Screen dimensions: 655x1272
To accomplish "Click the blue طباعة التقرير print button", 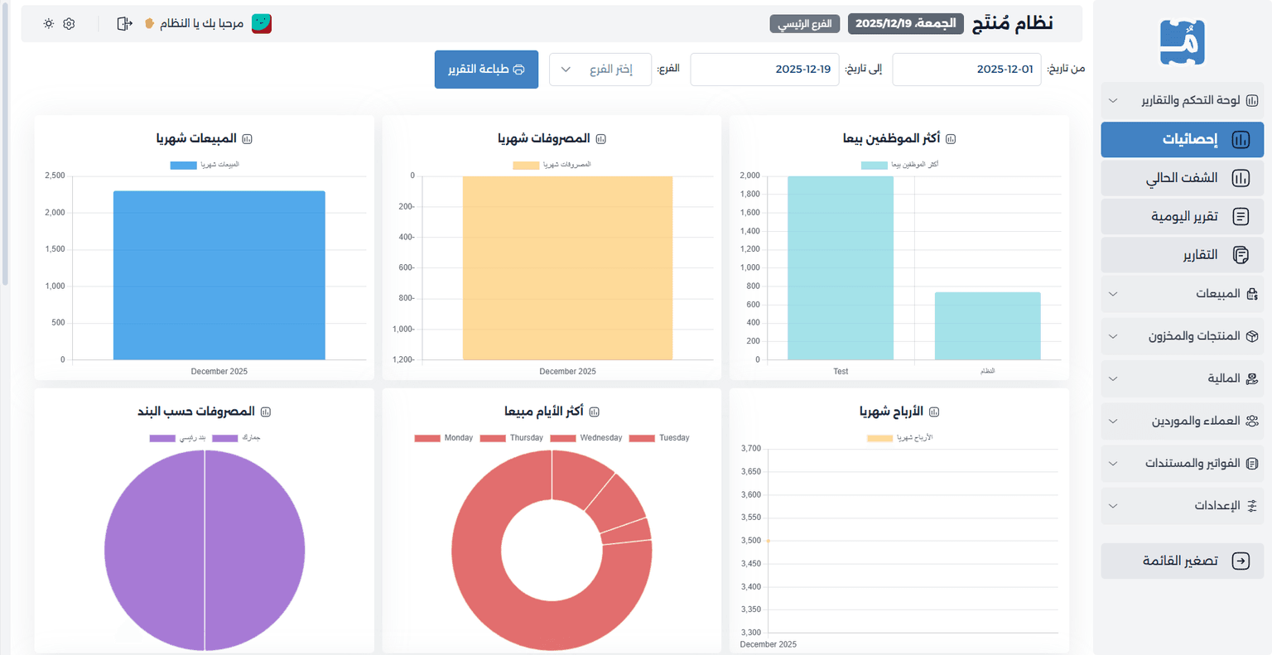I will pyautogui.click(x=486, y=70).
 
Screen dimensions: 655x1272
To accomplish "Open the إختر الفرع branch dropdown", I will pyautogui.click(x=600, y=70).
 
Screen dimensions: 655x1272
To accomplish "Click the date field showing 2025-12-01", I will pyautogui.click(x=966, y=70).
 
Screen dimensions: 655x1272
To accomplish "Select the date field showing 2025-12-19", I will pyautogui.click(x=764, y=70).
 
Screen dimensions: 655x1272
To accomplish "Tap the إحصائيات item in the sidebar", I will pyautogui.click(x=1182, y=139).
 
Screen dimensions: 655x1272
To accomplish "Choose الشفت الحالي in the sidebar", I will pyautogui.click(x=1182, y=178).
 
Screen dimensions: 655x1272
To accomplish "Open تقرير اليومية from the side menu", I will pyautogui.click(x=1182, y=216).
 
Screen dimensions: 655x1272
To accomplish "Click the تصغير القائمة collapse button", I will pyautogui.click(x=1182, y=561).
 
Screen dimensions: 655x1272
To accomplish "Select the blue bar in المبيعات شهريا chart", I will pyautogui.click(x=219, y=275).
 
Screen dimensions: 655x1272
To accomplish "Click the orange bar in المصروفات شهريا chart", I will pyautogui.click(x=567, y=268).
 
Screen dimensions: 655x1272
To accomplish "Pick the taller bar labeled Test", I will pyautogui.click(x=841, y=268).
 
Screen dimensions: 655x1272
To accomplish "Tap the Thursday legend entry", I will pyautogui.click(x=512, y=438).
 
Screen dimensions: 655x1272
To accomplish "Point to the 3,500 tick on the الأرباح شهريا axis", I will pyautogui.click(x=751, y=540).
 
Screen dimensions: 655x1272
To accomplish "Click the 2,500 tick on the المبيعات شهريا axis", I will pyautogui.click(x=55, y=176).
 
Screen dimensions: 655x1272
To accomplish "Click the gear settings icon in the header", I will pyautogui.click(x=69, y=24).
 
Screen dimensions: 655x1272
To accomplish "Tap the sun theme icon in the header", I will pyautogui.click(x=49, y=24).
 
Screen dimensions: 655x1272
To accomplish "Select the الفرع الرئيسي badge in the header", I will pyautogui.click(x=805, y=24).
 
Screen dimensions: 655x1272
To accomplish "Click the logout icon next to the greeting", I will pyautogui.click(x=124, y=24).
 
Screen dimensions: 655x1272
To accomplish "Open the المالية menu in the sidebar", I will pyautogui.click(x=1182, y=378).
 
